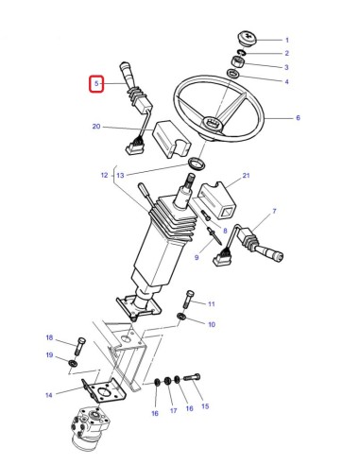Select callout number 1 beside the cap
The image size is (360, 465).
[287, 40]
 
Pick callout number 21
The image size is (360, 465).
[246, 177]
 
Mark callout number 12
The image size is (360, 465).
[105, 176]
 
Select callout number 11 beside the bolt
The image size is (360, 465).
[212, 303]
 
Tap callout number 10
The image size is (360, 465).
[211, 324]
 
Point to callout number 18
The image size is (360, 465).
[50, 338]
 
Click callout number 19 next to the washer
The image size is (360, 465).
[50, 355]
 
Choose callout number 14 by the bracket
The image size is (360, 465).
[50, 395]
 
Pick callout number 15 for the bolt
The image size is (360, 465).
[205, 406]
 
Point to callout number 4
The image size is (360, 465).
[286, 82]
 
